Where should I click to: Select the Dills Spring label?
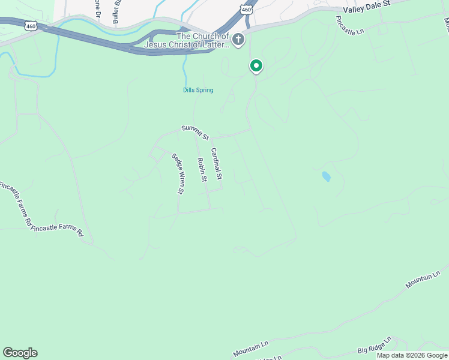pyautogui.click(x=198, y=91)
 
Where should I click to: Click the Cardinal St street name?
pyautogui.click(x=216, y=164)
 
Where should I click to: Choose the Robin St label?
pyautogui.click(x=202, y=170)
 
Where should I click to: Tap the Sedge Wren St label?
pyautogui.click(x=178, y=174)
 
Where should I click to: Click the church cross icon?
pyautogui.click(x=238, y=40)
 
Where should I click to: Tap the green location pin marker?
pyautogui.click(x=256, y=65)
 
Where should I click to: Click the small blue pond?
pyautogui.click(x=326, y=176)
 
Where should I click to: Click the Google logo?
pyautogui.click(x=20, y=353)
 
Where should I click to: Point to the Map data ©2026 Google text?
pyautogui.click(x=412, y=355)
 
